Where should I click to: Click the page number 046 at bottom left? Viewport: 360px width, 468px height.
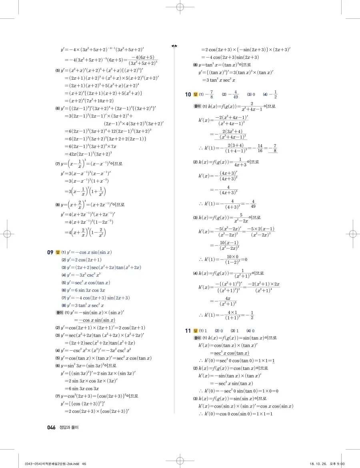coord(51,428)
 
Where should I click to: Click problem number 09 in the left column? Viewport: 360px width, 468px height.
coord(50,253)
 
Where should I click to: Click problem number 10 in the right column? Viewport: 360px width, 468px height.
coord(188,94)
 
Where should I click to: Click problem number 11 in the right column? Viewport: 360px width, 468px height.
coord(188,331)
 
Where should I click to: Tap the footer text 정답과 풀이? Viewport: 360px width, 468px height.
coord(69,428)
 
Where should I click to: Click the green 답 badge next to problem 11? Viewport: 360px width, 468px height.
coord(196,331)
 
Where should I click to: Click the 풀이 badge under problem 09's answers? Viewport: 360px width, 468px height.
coord(60,312)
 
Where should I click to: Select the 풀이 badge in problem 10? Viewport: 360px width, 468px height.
coord(197,106)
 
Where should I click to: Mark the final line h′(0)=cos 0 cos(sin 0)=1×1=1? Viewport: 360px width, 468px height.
coord(236,414)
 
